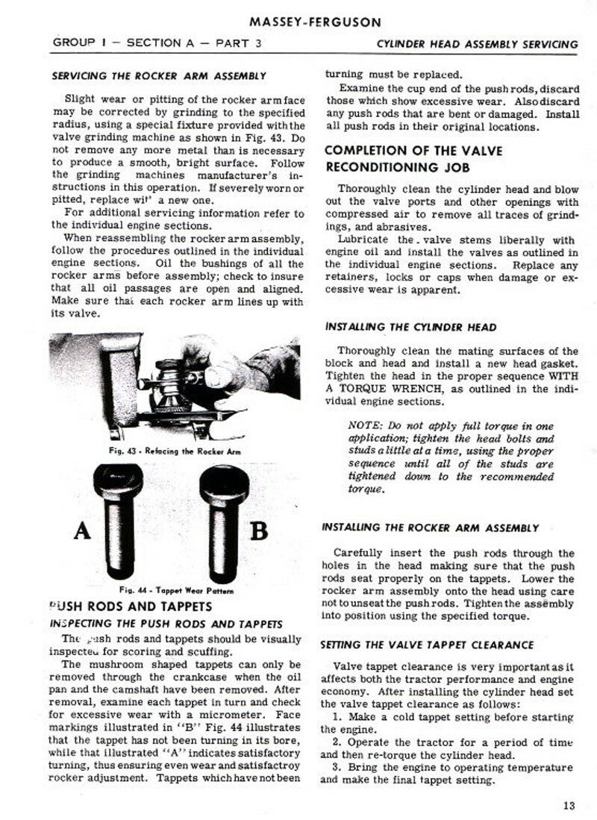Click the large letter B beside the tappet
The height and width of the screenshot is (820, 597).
coord(258,532)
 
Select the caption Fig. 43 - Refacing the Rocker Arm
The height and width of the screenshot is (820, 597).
coord(177,452)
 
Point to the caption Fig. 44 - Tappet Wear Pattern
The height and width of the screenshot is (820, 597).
coord(179,590)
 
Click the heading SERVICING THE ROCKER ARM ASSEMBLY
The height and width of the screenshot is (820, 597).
coord(159,76)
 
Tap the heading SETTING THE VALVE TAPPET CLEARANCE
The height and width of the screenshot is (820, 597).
coord(427,644)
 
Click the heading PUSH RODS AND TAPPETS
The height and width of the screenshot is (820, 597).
coord(130,606)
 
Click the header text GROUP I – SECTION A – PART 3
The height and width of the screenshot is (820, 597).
coord(157,43)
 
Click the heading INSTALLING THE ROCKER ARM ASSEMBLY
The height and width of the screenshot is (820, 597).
coord(429,528)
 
